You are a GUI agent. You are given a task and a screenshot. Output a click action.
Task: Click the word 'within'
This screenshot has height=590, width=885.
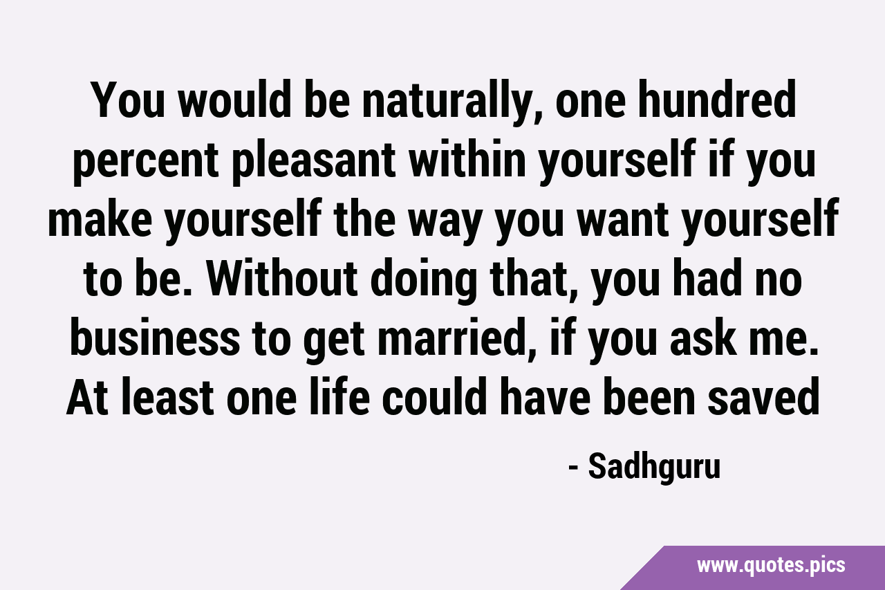[x=467, y=158]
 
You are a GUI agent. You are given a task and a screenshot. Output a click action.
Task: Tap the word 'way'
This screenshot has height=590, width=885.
[x=444, y=223]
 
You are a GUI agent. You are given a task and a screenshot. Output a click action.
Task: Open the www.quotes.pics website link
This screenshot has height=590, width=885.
[x=771, y=566]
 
